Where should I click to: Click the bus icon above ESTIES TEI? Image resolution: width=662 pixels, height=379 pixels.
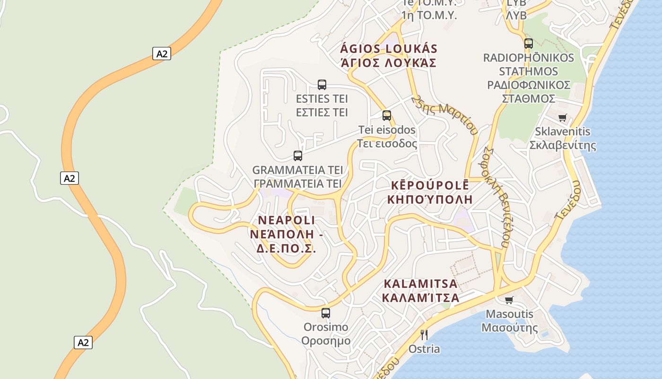point(322,85)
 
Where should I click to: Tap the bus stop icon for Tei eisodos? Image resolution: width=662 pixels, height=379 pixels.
point(387,115)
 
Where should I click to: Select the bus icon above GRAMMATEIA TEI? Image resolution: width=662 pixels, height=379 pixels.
point(298,155)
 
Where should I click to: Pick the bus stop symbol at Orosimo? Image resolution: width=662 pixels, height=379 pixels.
point(326,313)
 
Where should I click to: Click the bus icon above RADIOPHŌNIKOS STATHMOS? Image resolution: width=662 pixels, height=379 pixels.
point(529,44)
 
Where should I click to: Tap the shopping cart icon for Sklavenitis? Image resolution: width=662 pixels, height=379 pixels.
point(562,117)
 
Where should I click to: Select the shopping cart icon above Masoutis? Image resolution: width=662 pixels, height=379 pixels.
point(509,300)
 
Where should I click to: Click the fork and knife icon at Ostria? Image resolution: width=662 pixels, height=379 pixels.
point(424,335)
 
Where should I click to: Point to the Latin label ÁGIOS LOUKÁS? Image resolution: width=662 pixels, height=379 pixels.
point(389,49)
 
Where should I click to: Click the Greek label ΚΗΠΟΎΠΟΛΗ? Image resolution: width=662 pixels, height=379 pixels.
point(430,199)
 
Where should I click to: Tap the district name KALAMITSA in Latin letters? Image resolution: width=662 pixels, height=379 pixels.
point(421,284)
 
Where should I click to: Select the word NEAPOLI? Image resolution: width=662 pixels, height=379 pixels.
point(287,220)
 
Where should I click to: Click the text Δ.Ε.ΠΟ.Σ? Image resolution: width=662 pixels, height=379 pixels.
point(286,248)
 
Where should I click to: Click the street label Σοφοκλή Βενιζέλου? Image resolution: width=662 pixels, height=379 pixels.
point(496,197)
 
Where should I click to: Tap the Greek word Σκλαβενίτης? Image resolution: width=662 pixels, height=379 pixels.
point(563,145)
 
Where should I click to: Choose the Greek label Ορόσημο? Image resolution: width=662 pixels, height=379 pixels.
point(326,341)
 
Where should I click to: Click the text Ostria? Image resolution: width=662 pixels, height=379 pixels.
point(424,349)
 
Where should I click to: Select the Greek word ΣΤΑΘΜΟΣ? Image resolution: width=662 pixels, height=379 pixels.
point(528,99)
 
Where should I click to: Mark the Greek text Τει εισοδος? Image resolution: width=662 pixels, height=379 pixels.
point(387,144)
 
